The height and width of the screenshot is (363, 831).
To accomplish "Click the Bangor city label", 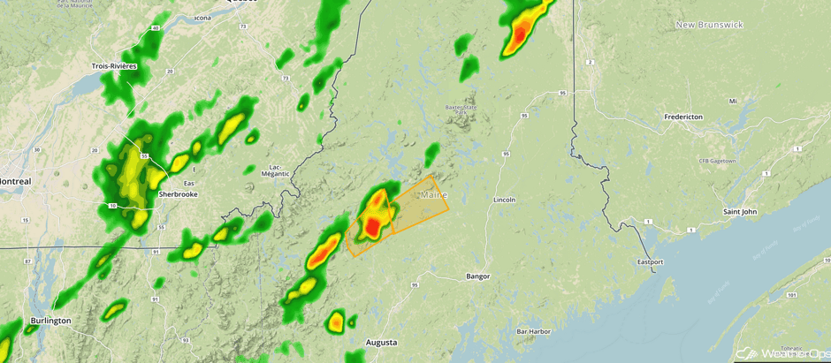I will coord(477,276).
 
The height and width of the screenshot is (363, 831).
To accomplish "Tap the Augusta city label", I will coord(382,342).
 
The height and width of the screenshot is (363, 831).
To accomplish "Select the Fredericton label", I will coord(683,117).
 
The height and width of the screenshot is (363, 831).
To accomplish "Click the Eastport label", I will coord(650,262).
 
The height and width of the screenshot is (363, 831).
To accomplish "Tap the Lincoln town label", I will coord(505,200).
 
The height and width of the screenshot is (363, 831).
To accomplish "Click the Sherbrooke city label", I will coord(177,193).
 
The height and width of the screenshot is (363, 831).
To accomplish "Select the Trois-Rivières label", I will coord(114,66).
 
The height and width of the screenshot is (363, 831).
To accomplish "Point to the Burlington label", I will coord(50,321).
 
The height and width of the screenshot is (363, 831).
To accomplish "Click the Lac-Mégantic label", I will coord(275,170).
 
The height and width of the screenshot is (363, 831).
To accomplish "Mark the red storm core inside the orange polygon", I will coord(373,228).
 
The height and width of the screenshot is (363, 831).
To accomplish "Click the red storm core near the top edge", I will coord(520,35).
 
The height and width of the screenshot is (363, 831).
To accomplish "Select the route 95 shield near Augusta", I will coord(415,284).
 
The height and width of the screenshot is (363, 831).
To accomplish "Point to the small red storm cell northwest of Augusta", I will coord(336,323).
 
